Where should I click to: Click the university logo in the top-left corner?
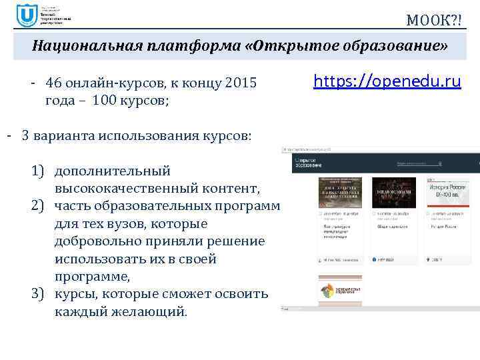tap(27, 15)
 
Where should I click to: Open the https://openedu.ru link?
tap(387, 82)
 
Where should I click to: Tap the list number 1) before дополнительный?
tap(38, 171)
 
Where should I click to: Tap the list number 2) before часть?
tap(38, 203)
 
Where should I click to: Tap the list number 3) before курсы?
tap(38, 294)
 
